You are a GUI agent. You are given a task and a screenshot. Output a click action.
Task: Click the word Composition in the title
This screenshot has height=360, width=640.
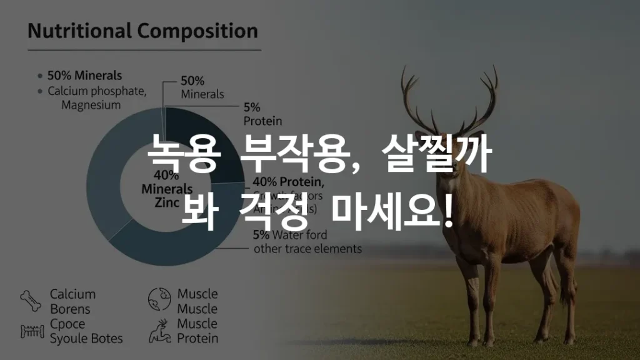(x=198, y=32)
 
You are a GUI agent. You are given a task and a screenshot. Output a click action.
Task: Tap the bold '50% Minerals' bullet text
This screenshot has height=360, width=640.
(x=84, y=76)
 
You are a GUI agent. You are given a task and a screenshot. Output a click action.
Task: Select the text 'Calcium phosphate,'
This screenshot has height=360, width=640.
(x=97, y=91)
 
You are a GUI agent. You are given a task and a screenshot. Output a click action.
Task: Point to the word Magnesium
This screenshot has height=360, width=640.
(x=91, y=105)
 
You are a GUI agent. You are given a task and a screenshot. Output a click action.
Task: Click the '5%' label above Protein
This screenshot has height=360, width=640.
(x=252, y=107)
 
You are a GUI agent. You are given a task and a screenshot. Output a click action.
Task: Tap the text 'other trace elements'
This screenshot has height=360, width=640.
(x=307, y=249)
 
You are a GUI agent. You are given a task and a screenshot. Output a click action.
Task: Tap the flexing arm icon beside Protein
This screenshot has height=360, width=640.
(x=159, y=331)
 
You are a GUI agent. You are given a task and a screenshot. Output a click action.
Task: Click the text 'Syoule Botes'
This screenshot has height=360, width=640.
(x=86, y=339)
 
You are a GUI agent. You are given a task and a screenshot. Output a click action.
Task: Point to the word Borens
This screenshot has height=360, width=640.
(x=70, y=309)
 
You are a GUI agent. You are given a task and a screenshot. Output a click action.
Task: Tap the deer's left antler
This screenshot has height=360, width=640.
(x=416, y=100)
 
